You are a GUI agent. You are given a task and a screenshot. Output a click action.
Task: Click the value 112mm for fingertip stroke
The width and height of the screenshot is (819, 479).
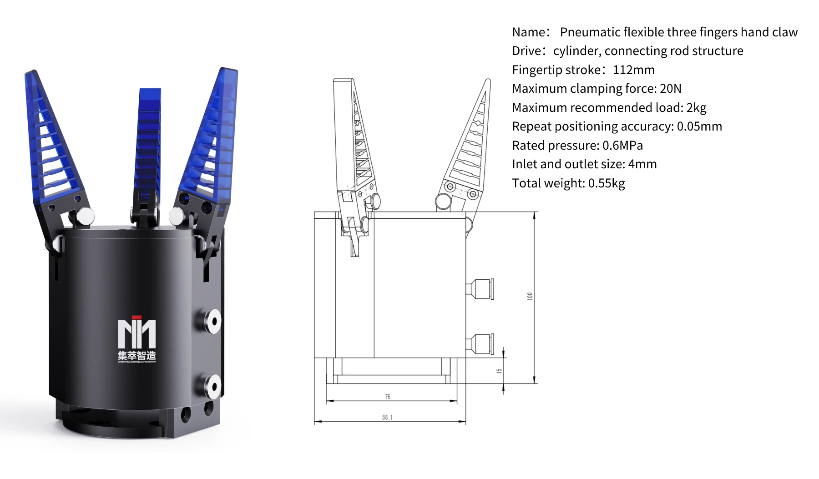pos(633,70)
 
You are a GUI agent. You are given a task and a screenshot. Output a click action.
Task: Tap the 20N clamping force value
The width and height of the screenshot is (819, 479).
pos(671,89)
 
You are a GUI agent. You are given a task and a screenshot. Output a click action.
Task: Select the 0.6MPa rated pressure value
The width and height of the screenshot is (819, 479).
pos(622,146)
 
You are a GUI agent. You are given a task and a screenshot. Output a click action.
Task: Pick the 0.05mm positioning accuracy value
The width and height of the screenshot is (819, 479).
pos(699,126)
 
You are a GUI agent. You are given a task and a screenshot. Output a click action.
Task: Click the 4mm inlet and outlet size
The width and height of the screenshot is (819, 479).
pos(642,164)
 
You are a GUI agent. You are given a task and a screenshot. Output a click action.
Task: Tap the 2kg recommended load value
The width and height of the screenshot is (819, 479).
pos(696,108)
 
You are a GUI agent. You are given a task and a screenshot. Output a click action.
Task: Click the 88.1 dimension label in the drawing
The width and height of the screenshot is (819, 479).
pos(387,417)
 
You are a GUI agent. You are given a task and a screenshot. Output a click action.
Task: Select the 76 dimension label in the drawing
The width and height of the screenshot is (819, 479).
pos(388,397)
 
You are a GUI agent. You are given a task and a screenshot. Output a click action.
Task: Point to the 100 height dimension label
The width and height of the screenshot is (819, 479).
pos(529,296)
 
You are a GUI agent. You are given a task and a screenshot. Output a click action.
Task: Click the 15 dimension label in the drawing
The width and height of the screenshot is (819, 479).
pos(499,371)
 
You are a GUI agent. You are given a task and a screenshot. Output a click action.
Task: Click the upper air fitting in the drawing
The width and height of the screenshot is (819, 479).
pos(480,289)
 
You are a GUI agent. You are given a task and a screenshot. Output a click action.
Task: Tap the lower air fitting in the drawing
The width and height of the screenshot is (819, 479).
pos(480,344)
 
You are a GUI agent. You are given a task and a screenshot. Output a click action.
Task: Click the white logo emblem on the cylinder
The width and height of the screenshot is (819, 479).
pos(136,333)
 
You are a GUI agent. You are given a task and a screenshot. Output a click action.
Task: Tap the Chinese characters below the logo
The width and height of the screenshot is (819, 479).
pos(136,355)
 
